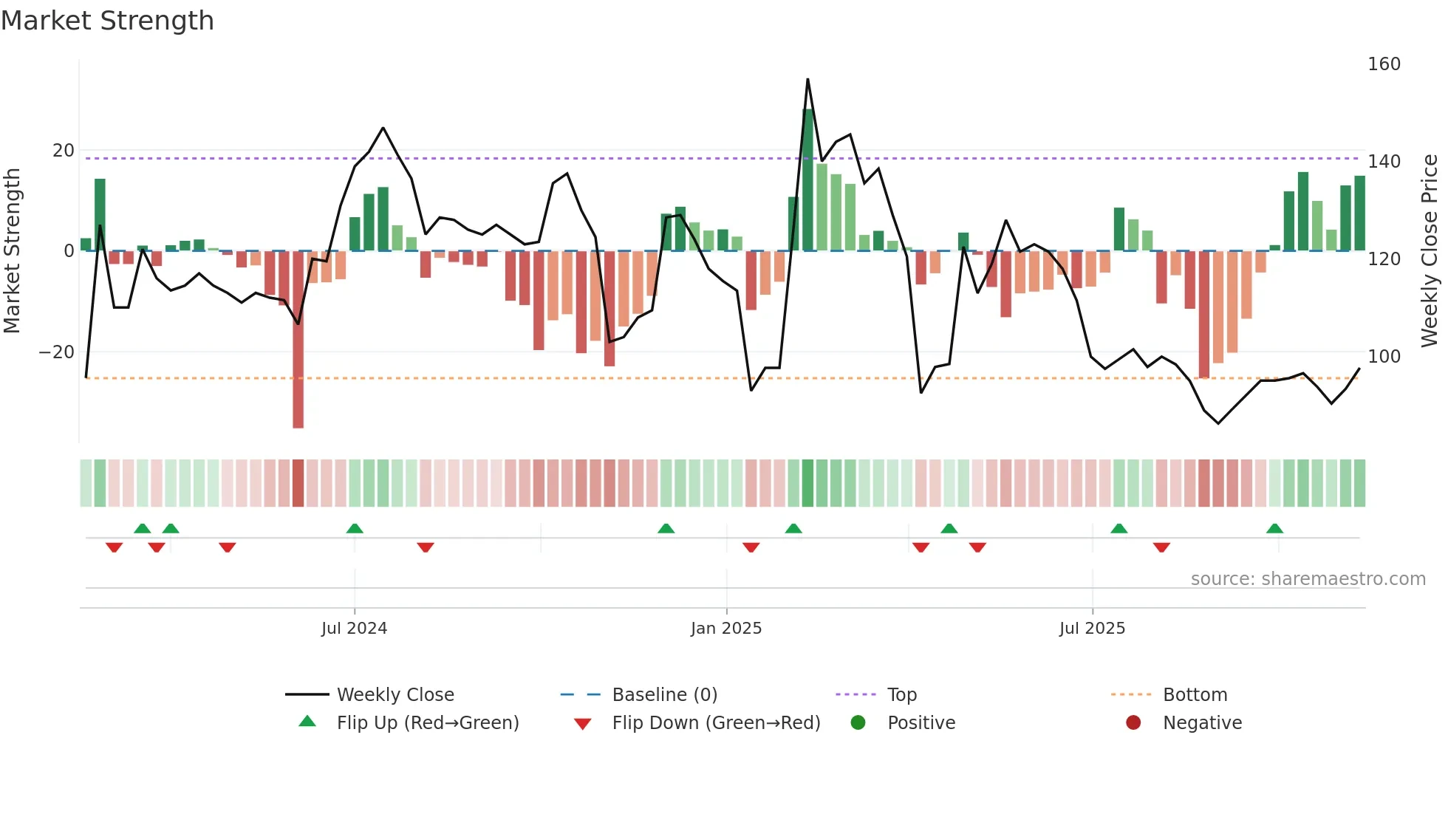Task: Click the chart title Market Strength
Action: (107, 21)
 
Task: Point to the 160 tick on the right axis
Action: (1384, 64)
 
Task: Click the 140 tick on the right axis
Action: (1384, 162)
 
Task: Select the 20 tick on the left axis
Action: (64, 151)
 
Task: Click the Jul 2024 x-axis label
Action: (354, 629)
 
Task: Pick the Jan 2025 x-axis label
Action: (725, 629)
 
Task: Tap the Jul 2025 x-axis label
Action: (1092, 629)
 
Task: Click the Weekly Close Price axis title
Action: (1430, 251)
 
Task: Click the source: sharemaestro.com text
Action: (1308, 579)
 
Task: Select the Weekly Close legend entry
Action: (395, 695)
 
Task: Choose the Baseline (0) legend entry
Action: (664, 695)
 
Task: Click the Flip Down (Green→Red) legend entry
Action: (715, 723)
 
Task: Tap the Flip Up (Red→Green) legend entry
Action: (427, 723)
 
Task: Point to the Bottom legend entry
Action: (1195, 695)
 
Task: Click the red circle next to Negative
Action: (1133, 723)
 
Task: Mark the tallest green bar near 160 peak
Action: (807, 181)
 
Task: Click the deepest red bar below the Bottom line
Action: (298, 340)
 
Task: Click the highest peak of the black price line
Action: (807, 80)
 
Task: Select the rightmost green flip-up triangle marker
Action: (1274, 529)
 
